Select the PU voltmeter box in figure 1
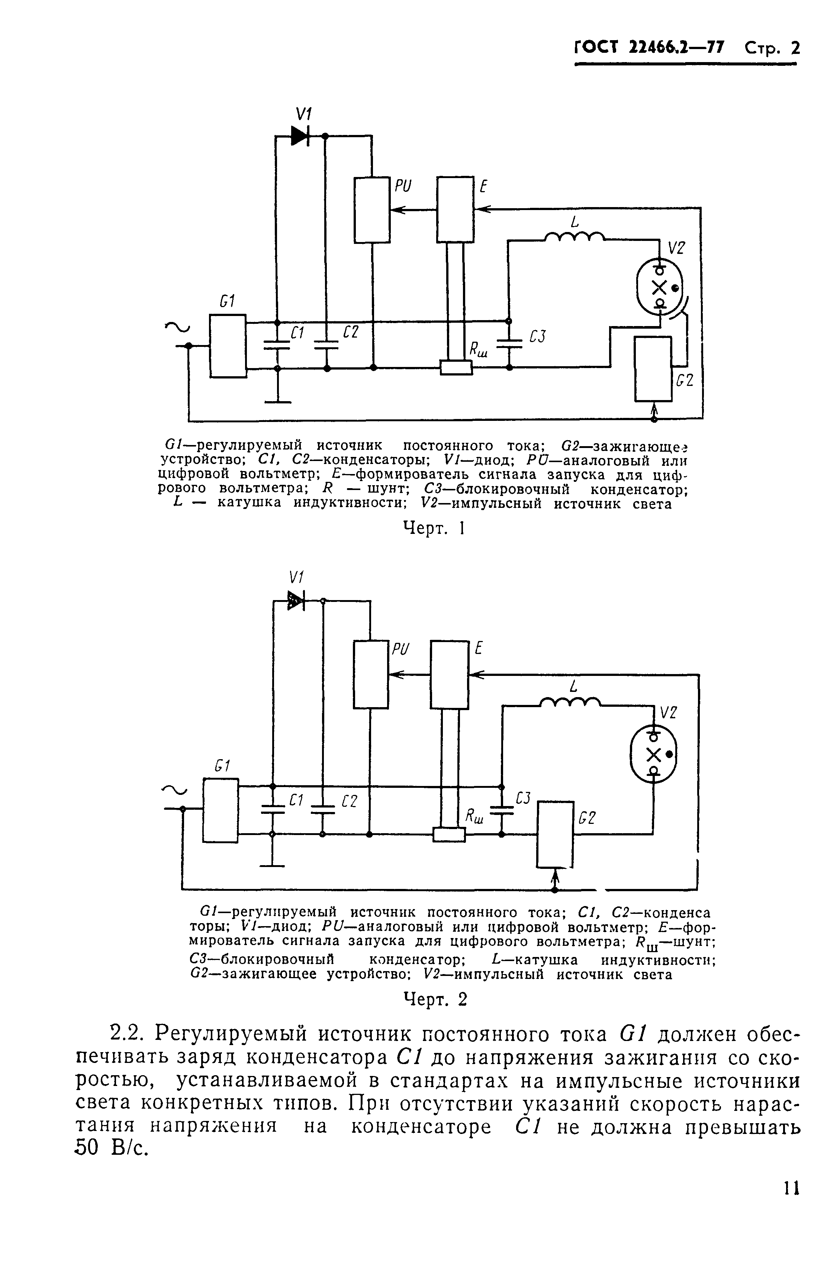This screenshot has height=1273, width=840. [372, 210]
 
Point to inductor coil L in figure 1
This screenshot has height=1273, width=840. [574, 236]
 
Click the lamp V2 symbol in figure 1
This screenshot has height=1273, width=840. [660, 287]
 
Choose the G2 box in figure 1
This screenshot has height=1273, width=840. [653, 368]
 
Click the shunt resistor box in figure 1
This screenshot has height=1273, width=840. [456, 368]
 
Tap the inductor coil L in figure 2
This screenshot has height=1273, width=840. [570, 702]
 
